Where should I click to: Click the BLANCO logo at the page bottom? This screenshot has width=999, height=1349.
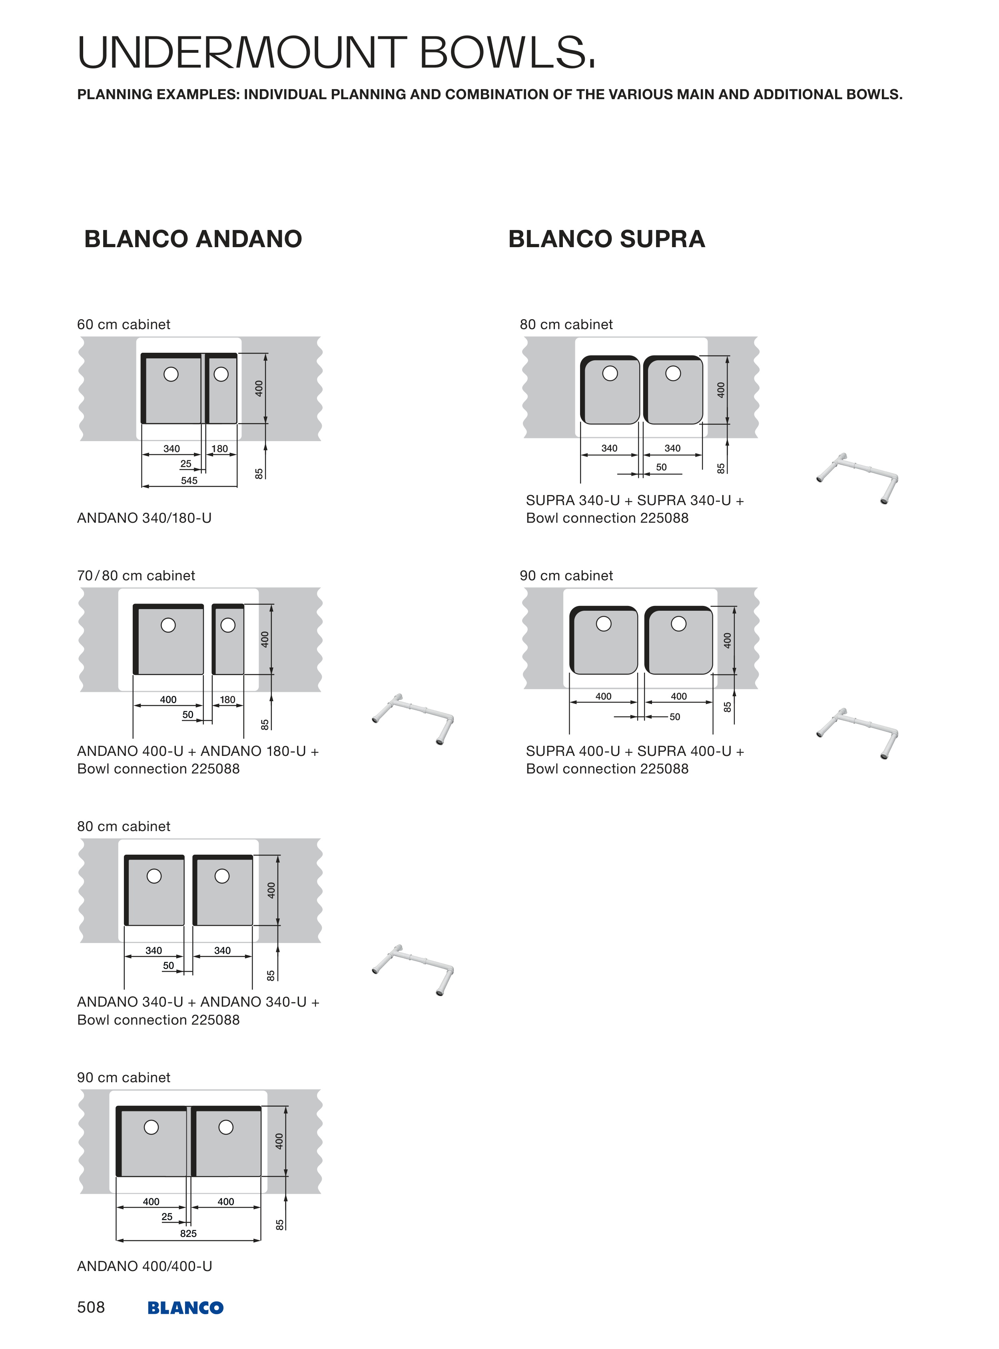click(x=185, y=1308)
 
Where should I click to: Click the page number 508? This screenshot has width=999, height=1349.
click(x=91, y=1307)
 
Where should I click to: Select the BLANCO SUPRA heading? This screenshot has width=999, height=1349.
click(x=606, y=239)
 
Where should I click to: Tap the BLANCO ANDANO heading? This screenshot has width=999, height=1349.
click(x=193, y=239)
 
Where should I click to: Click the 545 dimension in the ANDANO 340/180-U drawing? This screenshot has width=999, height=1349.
click(x=189, y=480)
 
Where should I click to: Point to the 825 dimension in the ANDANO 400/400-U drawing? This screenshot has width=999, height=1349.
click(x=188, y=1233)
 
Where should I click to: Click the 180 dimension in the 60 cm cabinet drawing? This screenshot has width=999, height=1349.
click(x=219, y=449)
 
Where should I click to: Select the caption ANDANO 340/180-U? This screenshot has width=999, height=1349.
click(x=144, y=518)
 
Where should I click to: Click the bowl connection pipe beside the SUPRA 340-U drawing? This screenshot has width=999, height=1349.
click(x=857, y=477)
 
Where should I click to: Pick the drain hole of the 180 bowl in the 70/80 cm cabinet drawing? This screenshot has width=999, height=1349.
click(x=228, y=625)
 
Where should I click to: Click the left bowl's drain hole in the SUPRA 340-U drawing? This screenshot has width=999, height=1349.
click(x=610, y=373)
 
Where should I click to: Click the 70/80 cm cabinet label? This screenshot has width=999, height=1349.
click(x=136, y=575)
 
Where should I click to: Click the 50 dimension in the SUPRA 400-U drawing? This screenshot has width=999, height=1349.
click(x=675, y=717)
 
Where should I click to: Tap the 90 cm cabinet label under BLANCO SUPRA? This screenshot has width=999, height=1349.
click(x=566, y=575)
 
